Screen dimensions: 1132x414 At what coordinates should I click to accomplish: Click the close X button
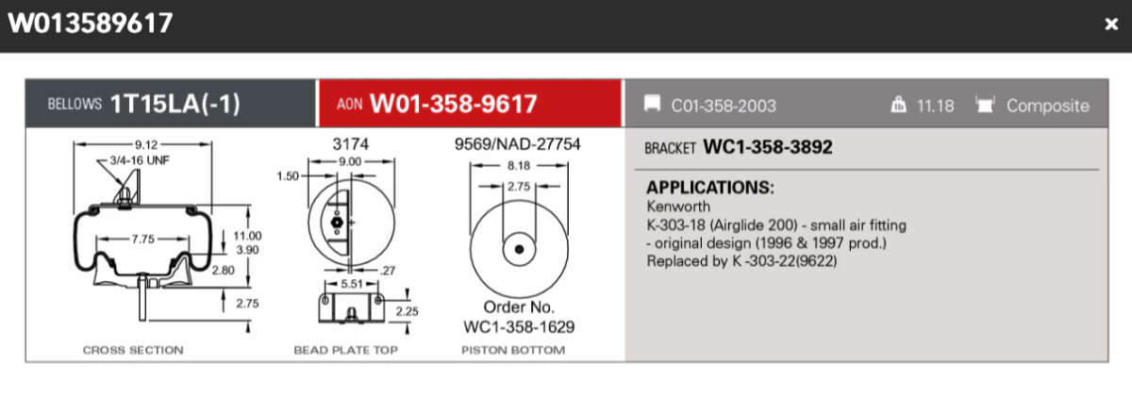click(x=1111, y=24)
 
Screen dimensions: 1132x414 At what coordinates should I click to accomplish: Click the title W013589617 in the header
click(x=91, y=24)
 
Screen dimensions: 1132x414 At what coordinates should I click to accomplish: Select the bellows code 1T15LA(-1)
click(x=175, y=104)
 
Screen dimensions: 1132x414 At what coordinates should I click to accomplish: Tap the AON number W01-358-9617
click(x=454, y=104)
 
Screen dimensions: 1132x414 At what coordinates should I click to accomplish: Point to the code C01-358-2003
click(x=724, y=106)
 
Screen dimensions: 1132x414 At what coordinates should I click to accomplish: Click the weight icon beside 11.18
click(x=898, y=105)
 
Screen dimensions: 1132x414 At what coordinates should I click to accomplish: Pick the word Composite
click(x=1048, y=106)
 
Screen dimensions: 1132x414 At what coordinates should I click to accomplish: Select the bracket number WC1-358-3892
click(x=767, y=147)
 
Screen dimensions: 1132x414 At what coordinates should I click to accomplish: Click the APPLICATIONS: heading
click(x=710, y=188)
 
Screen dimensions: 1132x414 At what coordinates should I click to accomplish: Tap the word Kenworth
click(x=678, y=207)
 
